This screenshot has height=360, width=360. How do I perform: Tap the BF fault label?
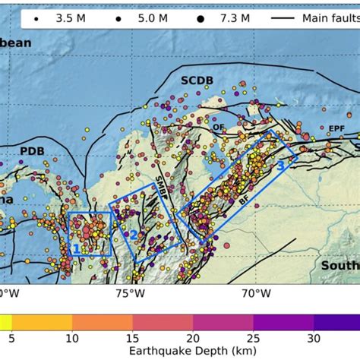(243, 201)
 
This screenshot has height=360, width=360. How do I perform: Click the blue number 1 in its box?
(77, 248)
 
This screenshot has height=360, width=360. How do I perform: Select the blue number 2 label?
(133, 235)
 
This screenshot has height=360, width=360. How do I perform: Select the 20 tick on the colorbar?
(193, 337)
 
